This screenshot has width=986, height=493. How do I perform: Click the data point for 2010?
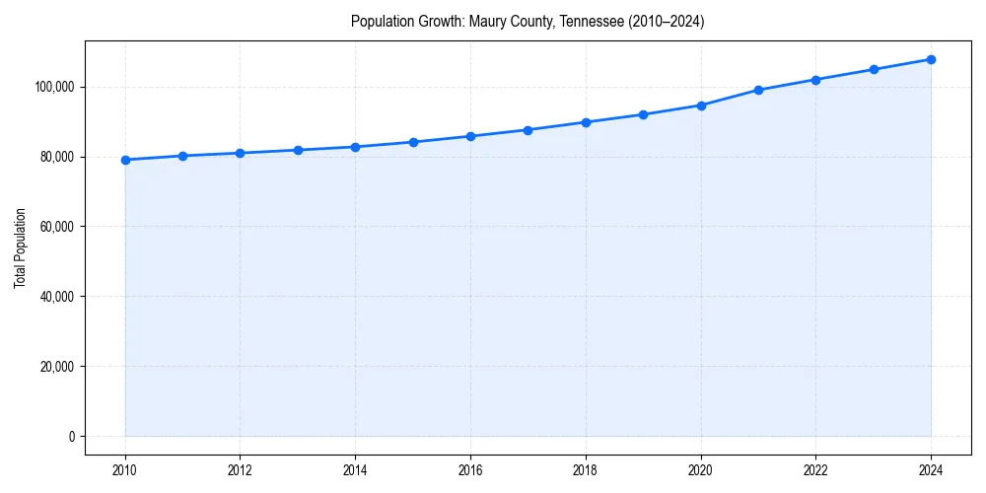[x=125, y=160]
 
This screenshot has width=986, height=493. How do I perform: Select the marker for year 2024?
[x=931, y=59]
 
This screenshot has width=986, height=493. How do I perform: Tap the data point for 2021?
[x=758, y=90]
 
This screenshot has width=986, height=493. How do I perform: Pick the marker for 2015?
[x=413, y=142]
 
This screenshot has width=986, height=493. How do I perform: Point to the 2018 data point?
[x=586, y=122]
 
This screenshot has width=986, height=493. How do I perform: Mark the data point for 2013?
[x=298, y=150]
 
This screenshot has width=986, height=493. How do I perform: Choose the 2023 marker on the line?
[x=874, y=69]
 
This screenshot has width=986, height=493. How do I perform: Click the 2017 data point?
[x=528, y=130]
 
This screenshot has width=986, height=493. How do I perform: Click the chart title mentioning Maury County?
[x=528, y=22]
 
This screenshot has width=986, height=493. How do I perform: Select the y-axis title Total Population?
[x=20, y=247]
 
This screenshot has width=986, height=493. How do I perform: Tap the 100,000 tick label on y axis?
[x=54, y=88]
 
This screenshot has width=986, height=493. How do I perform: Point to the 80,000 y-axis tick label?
[x=57, y=157]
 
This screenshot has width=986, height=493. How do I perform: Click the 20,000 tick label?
[x=57, y=367]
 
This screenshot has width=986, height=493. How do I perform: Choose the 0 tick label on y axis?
[x=72, y=437]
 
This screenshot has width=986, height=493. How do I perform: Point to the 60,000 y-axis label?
[x=57, y=227]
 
